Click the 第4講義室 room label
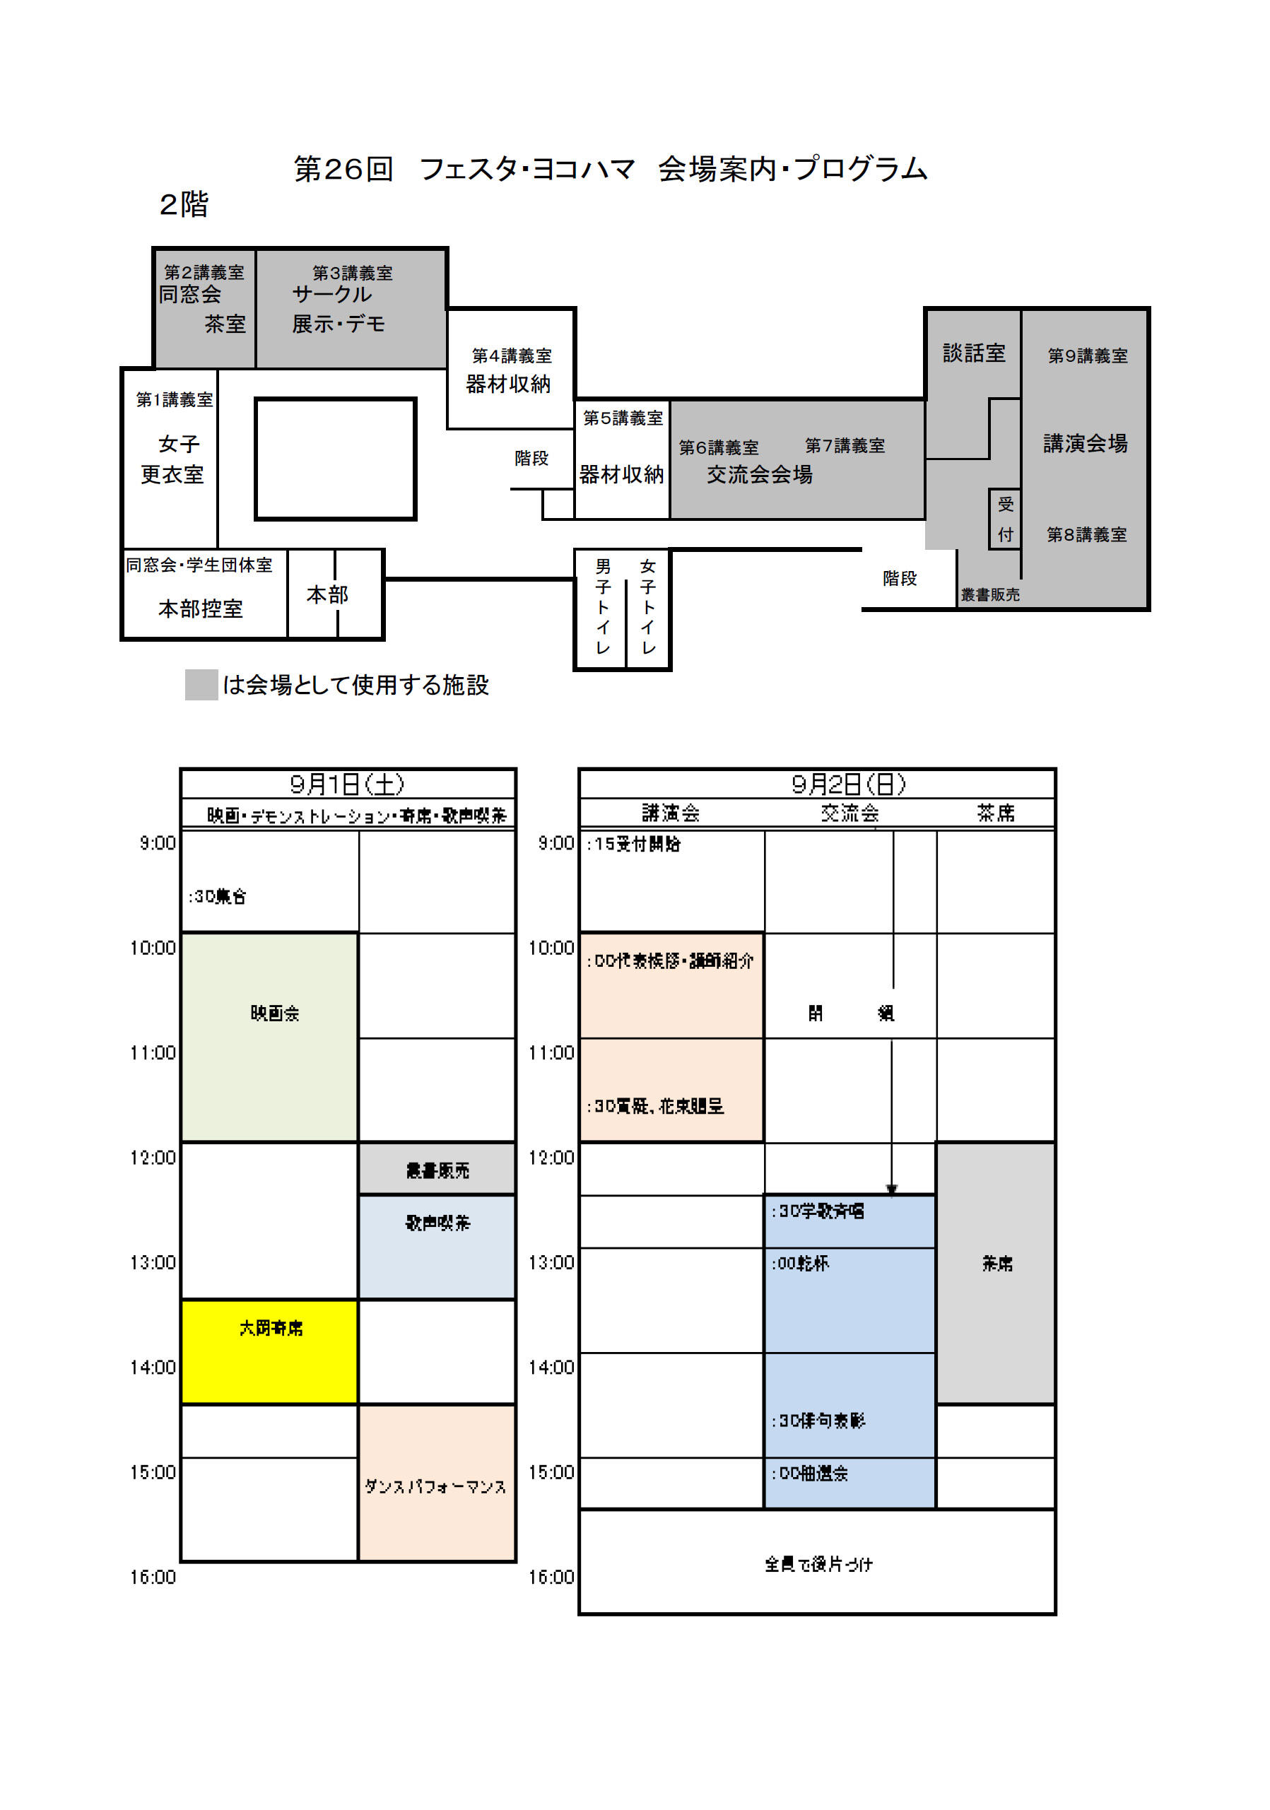[x=512, y=355]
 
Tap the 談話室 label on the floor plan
[x=974, y=353]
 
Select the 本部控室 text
[x=200, y=609]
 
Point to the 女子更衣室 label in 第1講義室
[x=173, y=459]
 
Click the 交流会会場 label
[x=759, y=474]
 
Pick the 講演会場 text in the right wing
[x=1085, y=443]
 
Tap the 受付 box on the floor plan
[x=1005, y=519]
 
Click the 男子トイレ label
[x=603, y=607]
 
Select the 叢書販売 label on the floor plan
[x=989, y=594]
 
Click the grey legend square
[x=201, y=684]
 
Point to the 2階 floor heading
[x=184, y=204]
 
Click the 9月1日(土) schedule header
[x=347, y=784]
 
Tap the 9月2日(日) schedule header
[x=848, y=784]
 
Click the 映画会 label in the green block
[x=274, y=1013]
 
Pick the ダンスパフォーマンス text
[x=435, y=1486]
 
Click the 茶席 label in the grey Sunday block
[x=996, y=1264]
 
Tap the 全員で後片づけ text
[x=818, y=1564]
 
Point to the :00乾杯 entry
[x=800, y=1263]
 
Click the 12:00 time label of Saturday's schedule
[x=153, y=1157]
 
